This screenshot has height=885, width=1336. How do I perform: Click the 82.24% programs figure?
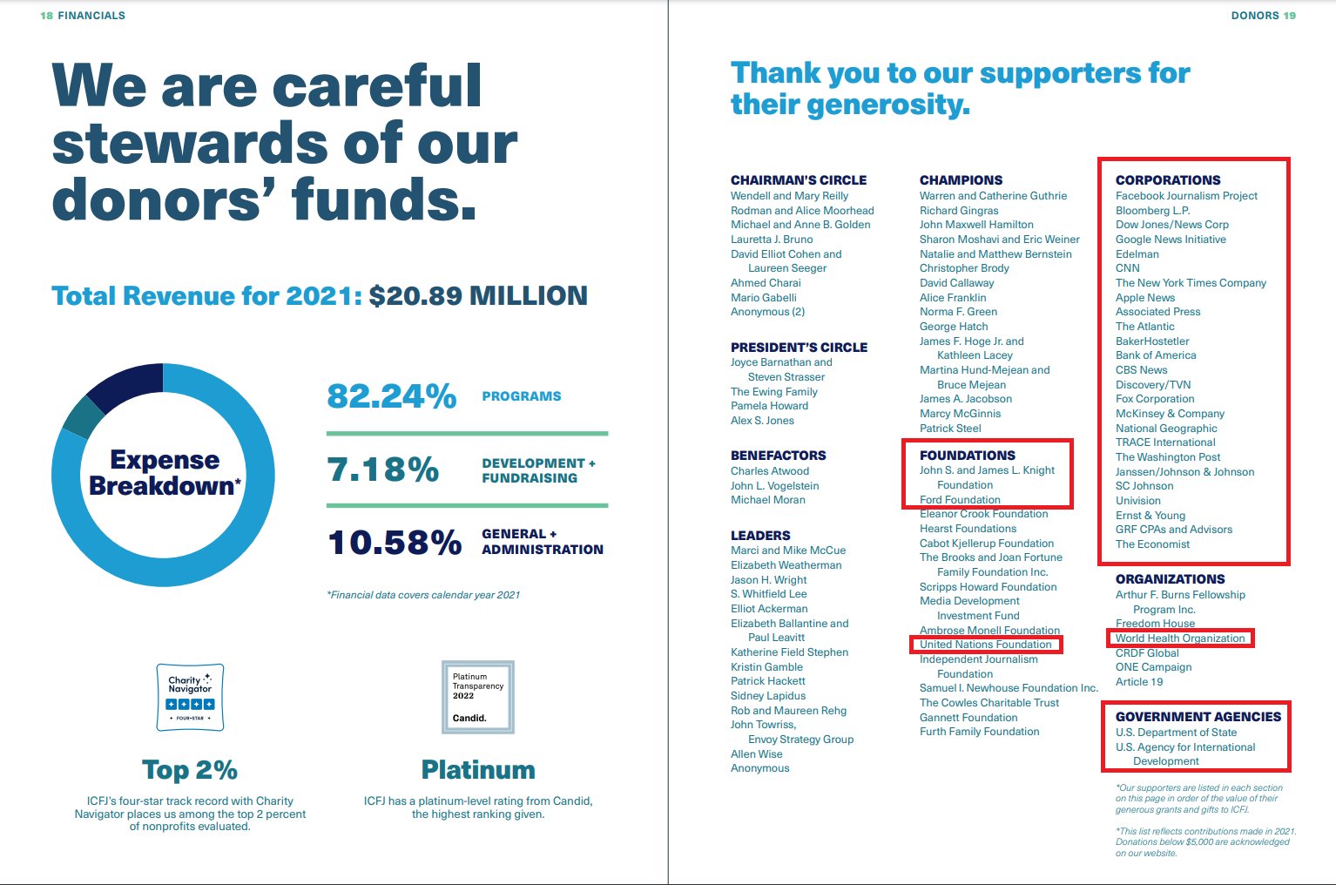[x=392, y=396]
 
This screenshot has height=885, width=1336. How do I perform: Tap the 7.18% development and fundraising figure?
[x=383, y=470]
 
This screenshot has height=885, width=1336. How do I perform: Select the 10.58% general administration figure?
[x=395, y=543]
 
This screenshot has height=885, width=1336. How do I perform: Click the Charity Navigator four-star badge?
[x=190, y=697]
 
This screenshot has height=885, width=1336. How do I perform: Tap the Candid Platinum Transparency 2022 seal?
[x=478, y=697]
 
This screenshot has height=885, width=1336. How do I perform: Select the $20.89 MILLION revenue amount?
[x=478, y=296]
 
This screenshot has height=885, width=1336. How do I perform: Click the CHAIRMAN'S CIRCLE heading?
[x=799, y=180]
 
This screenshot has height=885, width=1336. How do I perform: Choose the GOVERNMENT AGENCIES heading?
[x=1198, y=717]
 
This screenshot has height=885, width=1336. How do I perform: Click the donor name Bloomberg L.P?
[x=1152, y=211]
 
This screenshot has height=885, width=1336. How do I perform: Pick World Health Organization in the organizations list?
[x=1180, y=638]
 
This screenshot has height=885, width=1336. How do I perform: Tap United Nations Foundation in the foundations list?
[x=985, y=644]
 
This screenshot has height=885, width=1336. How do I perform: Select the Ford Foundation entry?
[x=960, y=500]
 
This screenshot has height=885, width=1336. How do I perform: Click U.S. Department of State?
[x=1176, y=733]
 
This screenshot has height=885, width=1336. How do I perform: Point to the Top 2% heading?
[x=190, y=770]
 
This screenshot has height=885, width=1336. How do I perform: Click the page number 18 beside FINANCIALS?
[x=46, y=16]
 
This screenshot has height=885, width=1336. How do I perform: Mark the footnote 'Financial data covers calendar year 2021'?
[x=423, y=595]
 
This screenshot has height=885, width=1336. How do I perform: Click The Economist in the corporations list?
[x=1152, y=544]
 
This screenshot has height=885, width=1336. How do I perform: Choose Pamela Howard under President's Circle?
[x=769, y=406]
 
